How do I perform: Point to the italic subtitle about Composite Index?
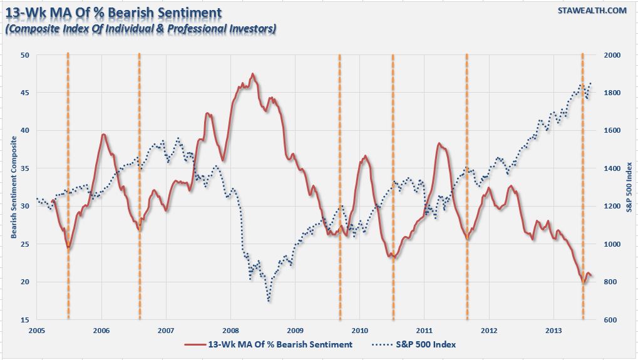140,28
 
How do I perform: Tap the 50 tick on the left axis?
26,55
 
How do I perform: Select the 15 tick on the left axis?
26,320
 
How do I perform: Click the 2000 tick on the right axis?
610,55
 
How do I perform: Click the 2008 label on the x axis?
230,330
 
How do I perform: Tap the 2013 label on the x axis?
553,330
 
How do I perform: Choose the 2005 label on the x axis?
37,330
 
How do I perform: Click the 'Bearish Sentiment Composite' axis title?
13,188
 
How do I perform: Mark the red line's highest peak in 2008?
253,74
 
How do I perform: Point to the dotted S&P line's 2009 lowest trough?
269,302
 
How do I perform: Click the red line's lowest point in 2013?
584,284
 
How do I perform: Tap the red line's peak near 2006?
103,135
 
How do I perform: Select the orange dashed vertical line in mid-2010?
393,188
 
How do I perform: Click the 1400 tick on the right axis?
610,168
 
